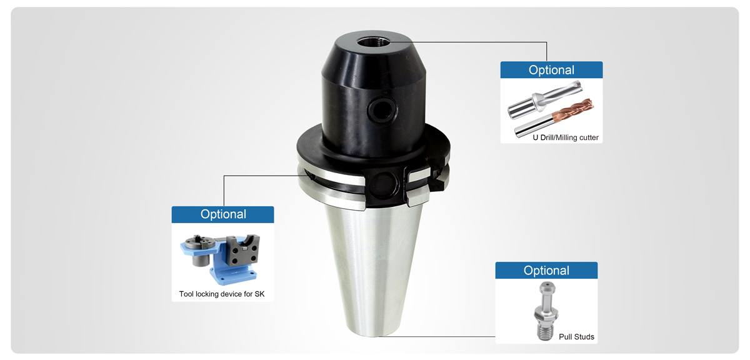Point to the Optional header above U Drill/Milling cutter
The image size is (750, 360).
[551, 70]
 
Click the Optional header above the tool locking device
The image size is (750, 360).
[223, 214]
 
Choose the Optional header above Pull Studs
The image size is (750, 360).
[546, 271]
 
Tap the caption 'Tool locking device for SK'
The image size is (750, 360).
[222, 294]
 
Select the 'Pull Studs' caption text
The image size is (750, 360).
[576, 337]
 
